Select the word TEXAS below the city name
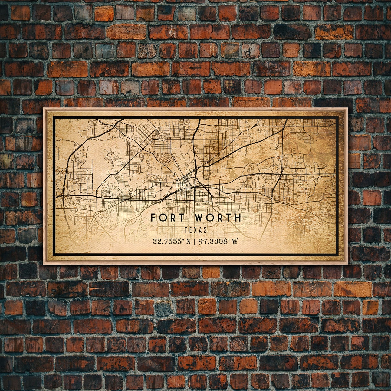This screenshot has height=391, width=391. (x=196, y=230)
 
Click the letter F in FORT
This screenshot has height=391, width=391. (x=153, y=218)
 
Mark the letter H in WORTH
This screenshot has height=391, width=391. (x=237, y=218)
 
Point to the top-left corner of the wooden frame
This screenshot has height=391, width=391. (x=44, y=108)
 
